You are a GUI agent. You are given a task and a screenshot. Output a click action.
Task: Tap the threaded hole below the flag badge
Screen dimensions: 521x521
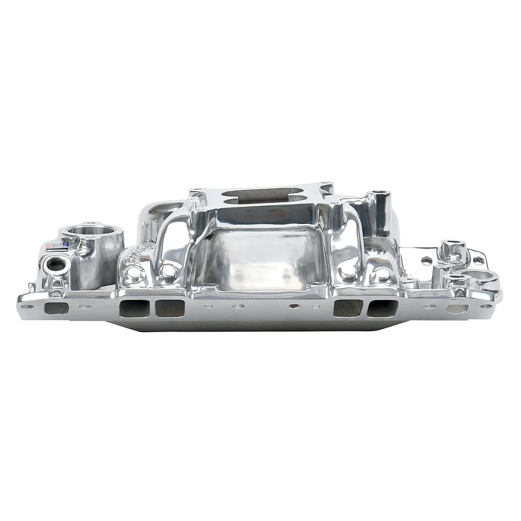(x=55, y=265)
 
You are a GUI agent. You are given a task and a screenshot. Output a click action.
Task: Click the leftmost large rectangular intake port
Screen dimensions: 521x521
(x=135, y=308)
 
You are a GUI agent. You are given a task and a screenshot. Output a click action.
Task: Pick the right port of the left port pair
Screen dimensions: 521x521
(x=169, y=308)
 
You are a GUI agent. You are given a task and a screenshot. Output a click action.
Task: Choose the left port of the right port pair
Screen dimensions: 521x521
(x=347, y=308)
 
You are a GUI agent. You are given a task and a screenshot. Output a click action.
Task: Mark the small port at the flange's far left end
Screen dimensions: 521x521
(x=56, y=308)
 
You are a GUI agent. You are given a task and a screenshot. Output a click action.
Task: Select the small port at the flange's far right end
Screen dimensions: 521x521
(x=457, y=308)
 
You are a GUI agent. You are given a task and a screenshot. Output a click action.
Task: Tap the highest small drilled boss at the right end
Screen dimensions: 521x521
(x=453, y=245)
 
